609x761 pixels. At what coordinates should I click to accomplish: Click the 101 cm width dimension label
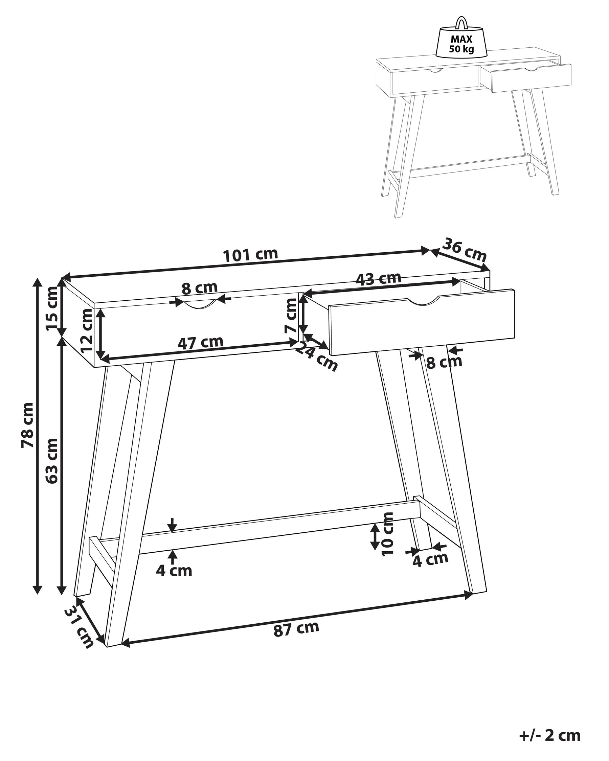tap(250, 254)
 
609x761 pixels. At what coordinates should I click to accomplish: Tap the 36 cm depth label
tap(464, 250)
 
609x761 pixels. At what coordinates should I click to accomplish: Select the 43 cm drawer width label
tap(378, 278)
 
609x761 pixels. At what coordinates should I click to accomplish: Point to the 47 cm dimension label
tap(200, 342)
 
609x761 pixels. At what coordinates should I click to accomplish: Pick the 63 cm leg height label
tap(51, 461)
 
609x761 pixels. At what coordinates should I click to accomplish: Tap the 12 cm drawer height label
tap(87, 331)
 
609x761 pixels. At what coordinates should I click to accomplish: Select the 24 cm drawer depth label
tap(316, 356)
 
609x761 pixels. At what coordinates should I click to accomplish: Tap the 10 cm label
tap(388, 534)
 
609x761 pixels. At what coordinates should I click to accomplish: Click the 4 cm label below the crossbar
tap(174, 571)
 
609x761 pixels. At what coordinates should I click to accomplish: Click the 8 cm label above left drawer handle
tap(200, 288)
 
